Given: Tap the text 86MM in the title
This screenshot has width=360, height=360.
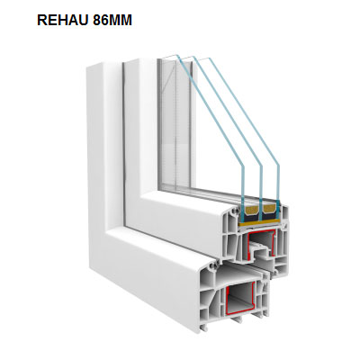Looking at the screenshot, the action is click(x=112, y=20).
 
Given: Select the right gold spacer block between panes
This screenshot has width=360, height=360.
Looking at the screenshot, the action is click(x=269, y=211).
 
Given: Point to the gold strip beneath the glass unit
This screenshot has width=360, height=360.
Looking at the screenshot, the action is click(x=260, y=222).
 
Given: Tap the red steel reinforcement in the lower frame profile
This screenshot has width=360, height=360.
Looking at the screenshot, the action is click(x=241, y=300).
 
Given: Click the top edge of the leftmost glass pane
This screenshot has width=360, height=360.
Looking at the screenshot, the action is click(x=169, y=57).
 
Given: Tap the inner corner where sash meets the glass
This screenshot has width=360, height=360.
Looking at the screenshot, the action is click(x=159, y=190).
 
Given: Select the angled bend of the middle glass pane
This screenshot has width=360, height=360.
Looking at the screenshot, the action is click(x=261, y=166).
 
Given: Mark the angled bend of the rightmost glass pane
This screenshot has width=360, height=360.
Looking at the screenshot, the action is click(x=278, y=166).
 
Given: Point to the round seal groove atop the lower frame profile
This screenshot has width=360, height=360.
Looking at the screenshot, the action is click(x=214, y=265).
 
